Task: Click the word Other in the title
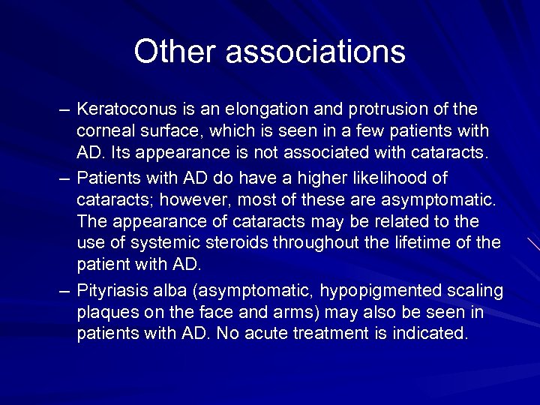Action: (x=174, y=52)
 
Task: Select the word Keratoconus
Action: (x=124, y=110)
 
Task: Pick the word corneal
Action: (x=103, y=131)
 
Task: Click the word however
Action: (x=184, y=200)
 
